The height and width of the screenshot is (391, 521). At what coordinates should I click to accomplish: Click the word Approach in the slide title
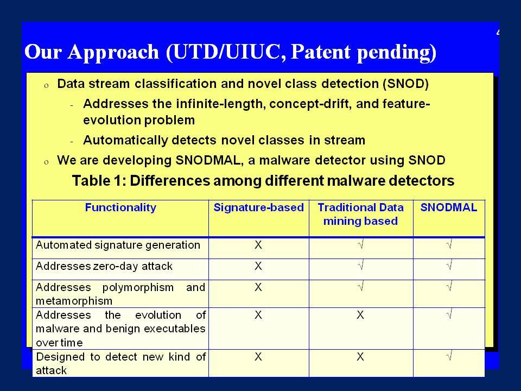[x=113, y=53]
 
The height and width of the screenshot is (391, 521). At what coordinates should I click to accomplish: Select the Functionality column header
[x=120, y=208]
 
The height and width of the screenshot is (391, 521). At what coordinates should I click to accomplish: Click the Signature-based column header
[x=258, y=207]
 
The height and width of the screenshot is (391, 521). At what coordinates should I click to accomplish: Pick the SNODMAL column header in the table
[x=449, y=207]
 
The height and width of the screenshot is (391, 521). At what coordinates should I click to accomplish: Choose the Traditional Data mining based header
[x=360, y=214]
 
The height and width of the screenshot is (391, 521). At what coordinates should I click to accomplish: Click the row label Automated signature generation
[x=118, y=245]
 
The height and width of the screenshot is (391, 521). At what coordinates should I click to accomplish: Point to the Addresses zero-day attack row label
[x=104, y=266]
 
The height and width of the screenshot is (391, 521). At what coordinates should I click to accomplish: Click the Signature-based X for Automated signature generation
[x=258, y=245]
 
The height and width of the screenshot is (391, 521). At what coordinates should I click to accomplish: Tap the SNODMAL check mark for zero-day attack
[x=449, y=266]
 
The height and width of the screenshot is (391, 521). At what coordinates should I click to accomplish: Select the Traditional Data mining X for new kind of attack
[x=360, y=357]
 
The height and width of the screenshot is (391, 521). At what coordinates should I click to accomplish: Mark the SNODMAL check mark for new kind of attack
[x=449, y=356]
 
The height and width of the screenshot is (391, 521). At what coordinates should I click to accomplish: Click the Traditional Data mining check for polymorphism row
[x=360, y=287]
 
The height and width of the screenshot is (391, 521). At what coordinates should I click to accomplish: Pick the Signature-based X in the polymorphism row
[x=258, y=287]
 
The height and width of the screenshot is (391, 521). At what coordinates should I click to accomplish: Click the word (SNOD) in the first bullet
[x=406, y=84]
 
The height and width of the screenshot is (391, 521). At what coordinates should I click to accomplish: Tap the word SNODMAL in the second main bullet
[x=208, y=160]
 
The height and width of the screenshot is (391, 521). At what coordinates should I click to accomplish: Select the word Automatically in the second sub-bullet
[x=125, y=140]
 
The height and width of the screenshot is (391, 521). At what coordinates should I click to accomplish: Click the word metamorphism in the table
[x=74, y=301]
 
